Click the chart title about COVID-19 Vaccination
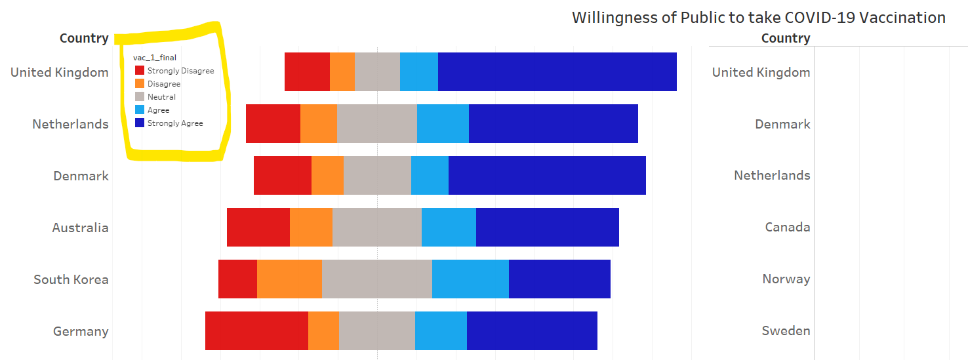click(x=759, y=18)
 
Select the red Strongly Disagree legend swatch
click(x=139, y=71)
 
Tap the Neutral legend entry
click(x=161, y=97)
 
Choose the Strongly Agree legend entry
click(x=175, y=123)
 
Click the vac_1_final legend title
click(x=155, y=58)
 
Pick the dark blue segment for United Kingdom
click(x=557, y=71)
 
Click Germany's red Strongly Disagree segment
click(x=256, y=331)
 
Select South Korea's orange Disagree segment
click(x=289, y=279)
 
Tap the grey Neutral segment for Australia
click(x=376, y=228)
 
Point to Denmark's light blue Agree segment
click(x=430, y=176)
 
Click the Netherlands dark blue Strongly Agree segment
click(x=553, y=123)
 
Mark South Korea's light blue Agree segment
click(x=470, y=279)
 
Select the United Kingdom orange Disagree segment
click(x=342, y=71)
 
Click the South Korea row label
click(x=71, y=279)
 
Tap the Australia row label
click(x=80, y=228)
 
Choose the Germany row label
click(x=81, y=331)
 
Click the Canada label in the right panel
click(x=787, y=228)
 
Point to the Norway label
click(x=786, y=279)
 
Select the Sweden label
click(x=786, y=331)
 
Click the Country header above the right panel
click(x=785, y=38)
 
